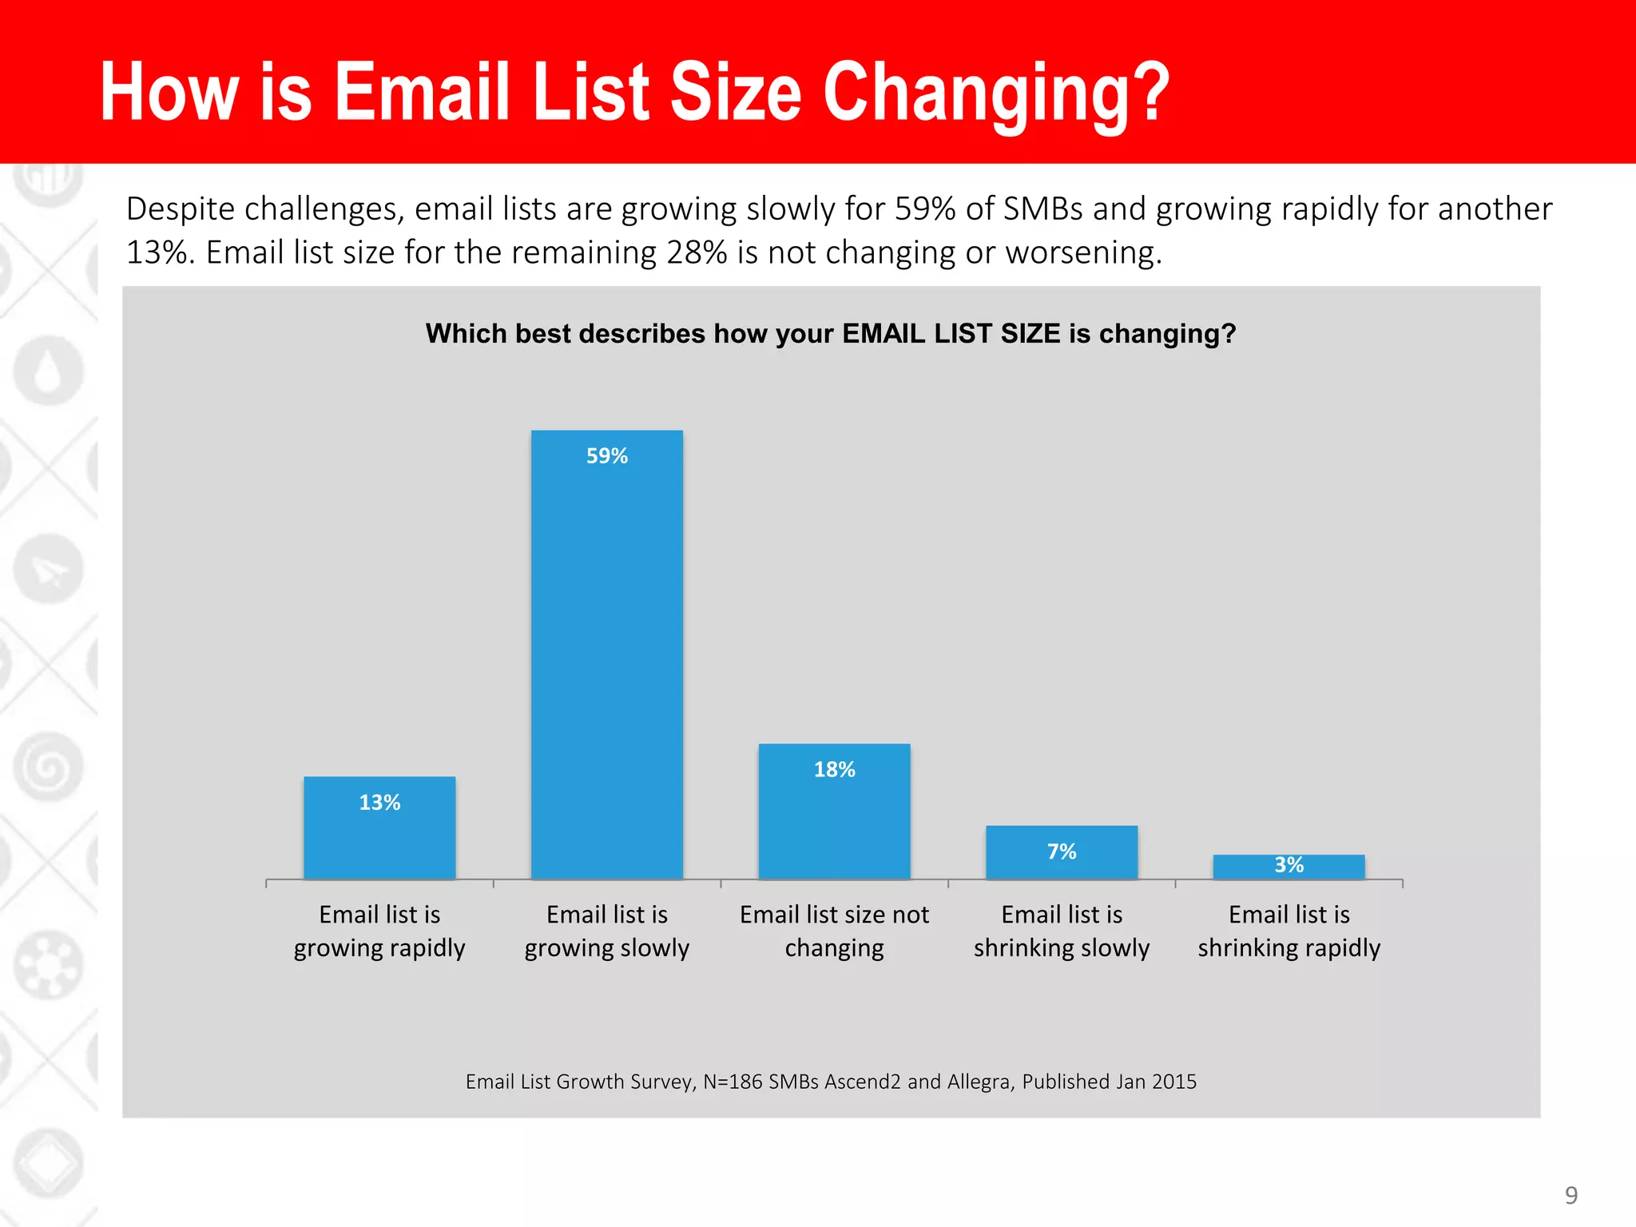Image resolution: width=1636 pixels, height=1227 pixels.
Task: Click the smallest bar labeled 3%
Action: [x=1289, y=868]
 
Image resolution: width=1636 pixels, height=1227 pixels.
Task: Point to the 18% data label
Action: [x=834, y=769]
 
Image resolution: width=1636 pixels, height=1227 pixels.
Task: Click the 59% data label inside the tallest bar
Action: [x=607, y=456]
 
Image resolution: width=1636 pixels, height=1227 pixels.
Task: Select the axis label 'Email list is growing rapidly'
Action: [x=379, y=931]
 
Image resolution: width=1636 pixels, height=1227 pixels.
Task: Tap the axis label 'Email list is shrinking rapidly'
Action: [x=1289, y=931]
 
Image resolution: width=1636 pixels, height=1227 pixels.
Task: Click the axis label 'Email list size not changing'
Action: [x=834, y=931]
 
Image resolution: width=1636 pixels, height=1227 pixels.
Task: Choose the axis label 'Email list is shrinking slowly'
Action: [x=1062, y=931]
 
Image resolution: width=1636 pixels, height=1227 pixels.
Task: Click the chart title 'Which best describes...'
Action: [x=831, y=333]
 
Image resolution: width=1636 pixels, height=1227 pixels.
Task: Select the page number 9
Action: [x=1570, y=1195]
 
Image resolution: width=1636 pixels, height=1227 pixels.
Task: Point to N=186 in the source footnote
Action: [x=733, y=1082]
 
